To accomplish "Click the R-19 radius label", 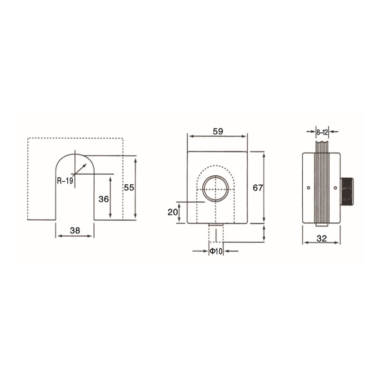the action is pos(65,180).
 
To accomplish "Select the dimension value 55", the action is pos(129,188).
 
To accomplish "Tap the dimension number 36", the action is pos(104,199).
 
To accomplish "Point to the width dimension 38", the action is pos(75,231).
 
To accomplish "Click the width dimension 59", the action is pos(218,131).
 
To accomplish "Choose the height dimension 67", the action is pos(258,188).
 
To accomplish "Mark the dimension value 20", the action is pos(172,212).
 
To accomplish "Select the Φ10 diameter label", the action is pos(216,252).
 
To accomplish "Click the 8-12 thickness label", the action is pos(322,132).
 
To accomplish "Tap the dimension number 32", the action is pos(322,239).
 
